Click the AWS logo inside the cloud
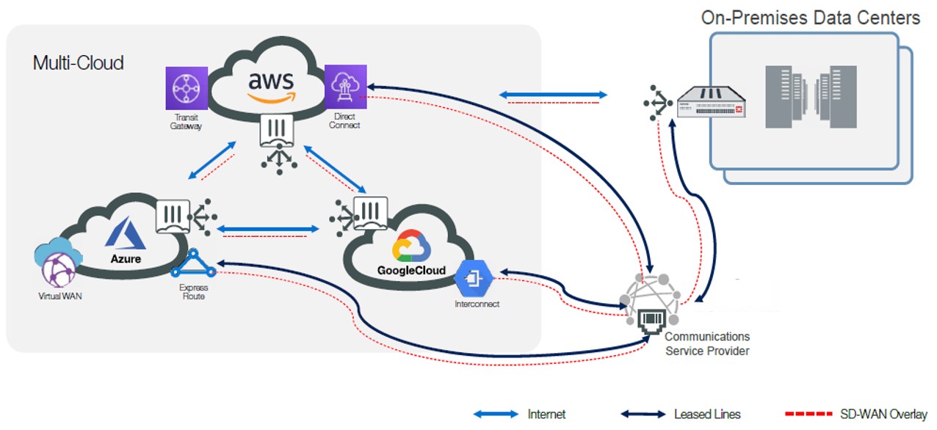pos(270,82)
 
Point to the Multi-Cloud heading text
pos(79,62)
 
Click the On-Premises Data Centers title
pos(810,18)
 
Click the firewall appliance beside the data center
pos(711,101)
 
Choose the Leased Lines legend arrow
pos(643,415)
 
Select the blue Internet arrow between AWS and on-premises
pos(552,95)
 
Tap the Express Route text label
pos(192,292)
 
